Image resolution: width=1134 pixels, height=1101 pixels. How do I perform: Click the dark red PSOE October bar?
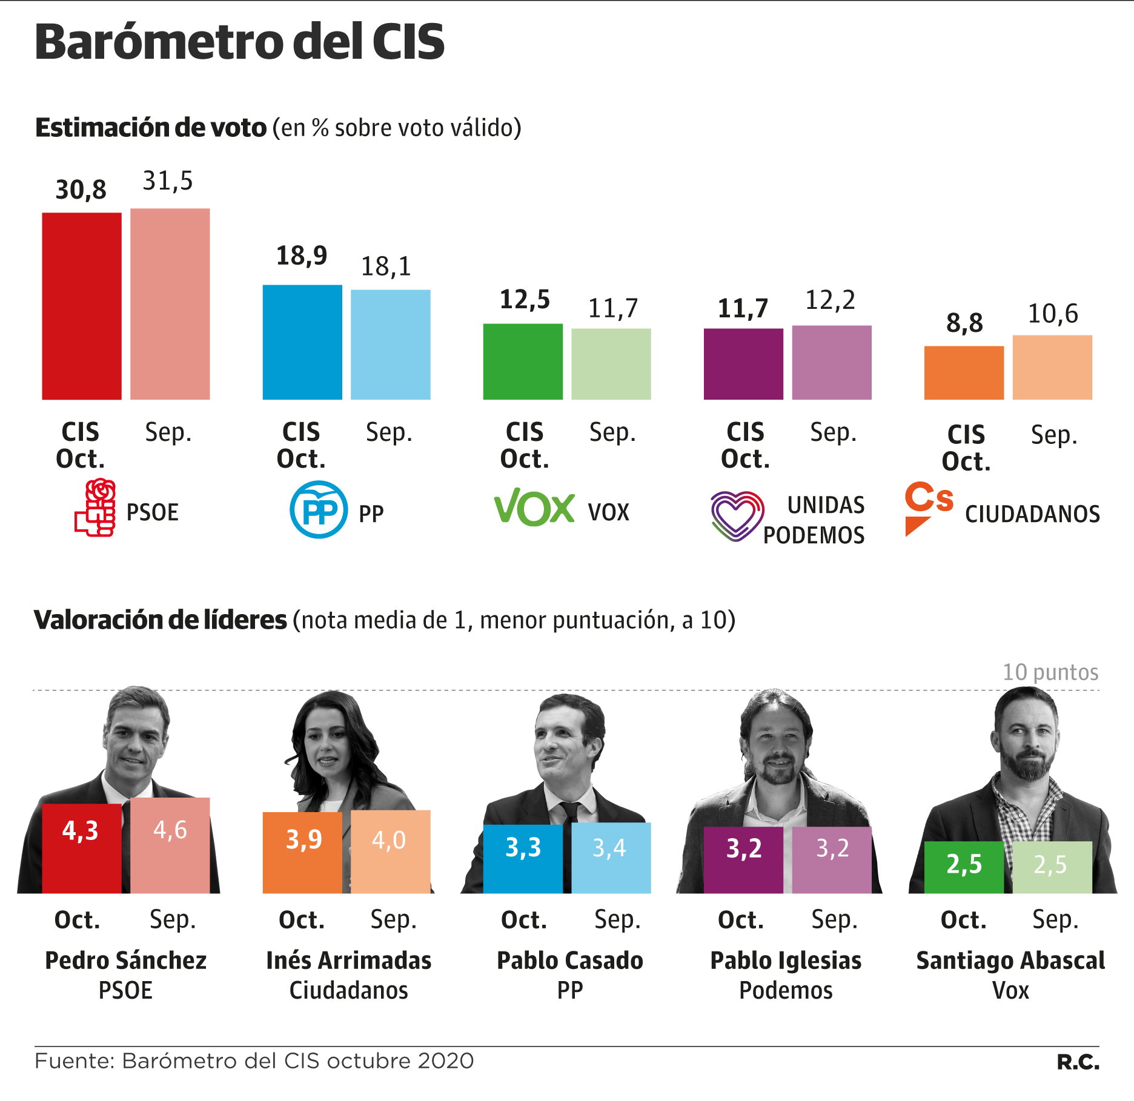coord(82,306)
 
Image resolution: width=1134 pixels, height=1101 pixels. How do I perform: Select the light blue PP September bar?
coord(391,345)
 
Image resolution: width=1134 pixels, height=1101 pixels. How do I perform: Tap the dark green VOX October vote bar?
coord(523,362)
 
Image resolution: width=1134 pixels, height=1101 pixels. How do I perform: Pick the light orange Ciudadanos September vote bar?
coord(1052,367)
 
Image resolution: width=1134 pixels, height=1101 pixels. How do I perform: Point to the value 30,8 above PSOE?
coord(81,190)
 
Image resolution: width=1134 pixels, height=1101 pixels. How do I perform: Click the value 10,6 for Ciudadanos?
coord(1053,314)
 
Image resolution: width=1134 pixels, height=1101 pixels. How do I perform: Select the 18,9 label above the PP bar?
coord(302,256)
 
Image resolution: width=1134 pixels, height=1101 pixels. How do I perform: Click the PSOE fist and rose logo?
coord(96,508)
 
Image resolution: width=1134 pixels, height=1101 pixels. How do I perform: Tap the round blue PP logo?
coord(319,509)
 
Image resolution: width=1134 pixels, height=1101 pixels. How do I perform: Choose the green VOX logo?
coord(534,508)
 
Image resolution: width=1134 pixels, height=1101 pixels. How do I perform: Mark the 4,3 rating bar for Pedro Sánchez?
coord(82,848)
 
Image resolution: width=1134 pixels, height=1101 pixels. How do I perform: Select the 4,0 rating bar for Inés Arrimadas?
coord(391,851)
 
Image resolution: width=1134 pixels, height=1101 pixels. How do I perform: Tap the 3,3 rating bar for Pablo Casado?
coord(523,858)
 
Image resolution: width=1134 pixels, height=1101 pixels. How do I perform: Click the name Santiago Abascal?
coord(1010,960)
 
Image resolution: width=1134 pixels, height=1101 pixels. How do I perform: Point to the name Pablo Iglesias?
coord(786,960)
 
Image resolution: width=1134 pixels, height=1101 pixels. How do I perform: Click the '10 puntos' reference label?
coord(1050,672)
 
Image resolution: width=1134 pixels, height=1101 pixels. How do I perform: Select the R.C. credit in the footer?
coord(1078,1062)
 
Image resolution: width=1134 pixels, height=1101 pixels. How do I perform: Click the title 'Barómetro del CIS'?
coord(240,42)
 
